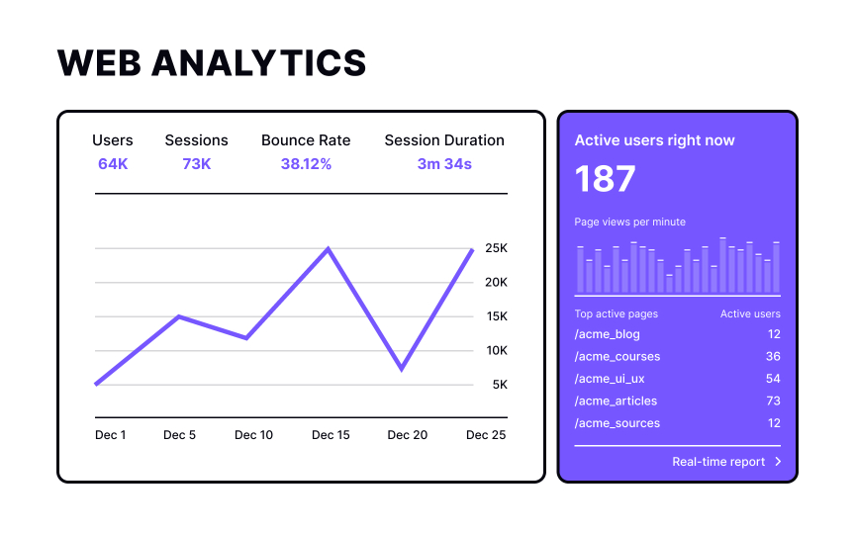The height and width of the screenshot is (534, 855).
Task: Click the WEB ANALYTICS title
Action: (212, 62)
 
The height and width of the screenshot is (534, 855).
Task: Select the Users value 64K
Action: (113, 163)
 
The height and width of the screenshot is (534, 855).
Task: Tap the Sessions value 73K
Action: (196, 163)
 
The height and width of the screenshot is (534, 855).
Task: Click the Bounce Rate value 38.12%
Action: (306, 163)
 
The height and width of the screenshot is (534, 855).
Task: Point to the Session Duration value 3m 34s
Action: (444, 163)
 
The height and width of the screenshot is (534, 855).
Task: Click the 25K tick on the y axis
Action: (496, 248)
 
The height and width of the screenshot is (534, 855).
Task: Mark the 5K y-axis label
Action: (500, 385)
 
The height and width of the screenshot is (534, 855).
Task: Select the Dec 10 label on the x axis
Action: (253, 435)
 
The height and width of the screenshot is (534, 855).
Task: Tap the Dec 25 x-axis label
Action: (486, 435)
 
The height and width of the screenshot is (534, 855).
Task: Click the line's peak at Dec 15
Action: (329, 248)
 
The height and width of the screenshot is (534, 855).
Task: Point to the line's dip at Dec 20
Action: (401, 369)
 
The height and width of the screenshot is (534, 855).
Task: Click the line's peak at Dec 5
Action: (178, 316)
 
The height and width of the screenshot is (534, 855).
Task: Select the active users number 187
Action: (606, 179)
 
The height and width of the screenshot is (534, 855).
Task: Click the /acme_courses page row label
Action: (617, 356)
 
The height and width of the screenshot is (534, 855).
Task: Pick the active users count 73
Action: (772, 400)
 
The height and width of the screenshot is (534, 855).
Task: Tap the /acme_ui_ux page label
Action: (610, 379)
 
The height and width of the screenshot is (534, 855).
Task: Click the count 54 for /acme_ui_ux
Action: (772, 379)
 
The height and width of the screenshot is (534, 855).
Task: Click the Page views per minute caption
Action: (630, 222)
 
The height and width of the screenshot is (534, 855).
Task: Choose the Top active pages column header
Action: (617, 313)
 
